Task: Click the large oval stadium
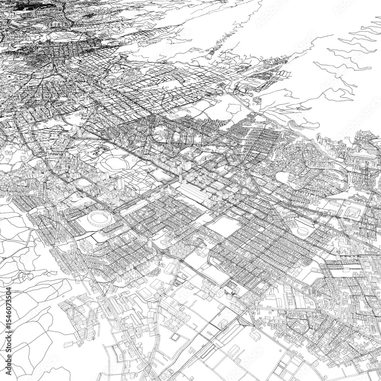coord(100,218)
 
